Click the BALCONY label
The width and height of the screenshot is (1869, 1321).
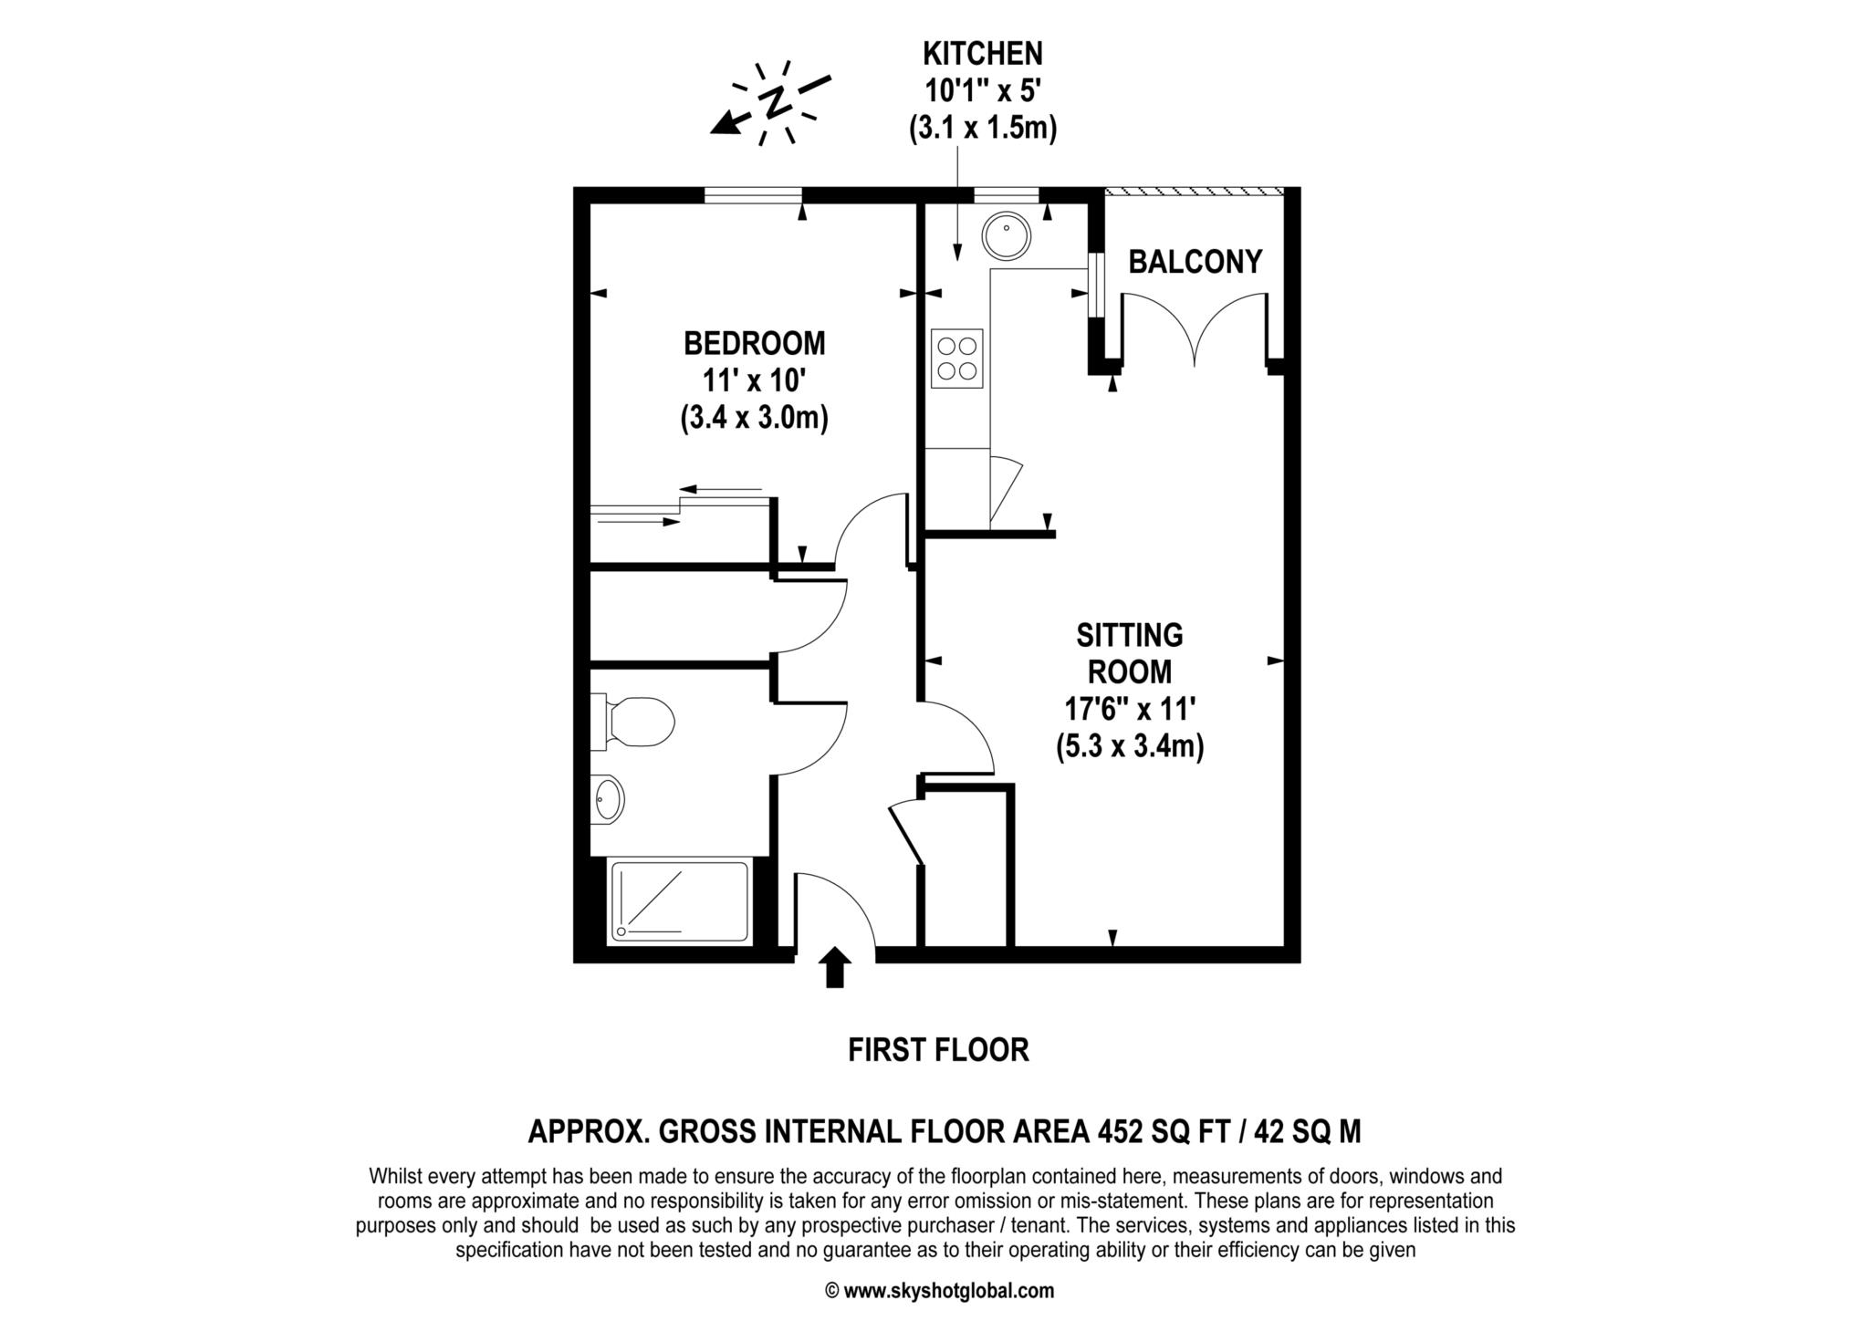(x=1195, y=262)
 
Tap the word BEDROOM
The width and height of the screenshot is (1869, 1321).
(x=754, y=344)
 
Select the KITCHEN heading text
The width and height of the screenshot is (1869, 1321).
(x=982, y=54)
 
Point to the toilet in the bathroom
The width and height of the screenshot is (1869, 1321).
(x=635, y=722)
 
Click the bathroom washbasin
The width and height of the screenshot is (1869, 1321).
(x=608, y=800)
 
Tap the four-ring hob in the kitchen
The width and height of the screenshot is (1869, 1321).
(x=956, y=359)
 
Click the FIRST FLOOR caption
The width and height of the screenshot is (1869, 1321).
(x=938, y=1050)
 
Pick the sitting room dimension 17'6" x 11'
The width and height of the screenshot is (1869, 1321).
(x=1130, y=709)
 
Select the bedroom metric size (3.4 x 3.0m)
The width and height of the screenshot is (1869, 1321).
(x=754, y=419)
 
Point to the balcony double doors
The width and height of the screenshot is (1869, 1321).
(x=1194, y=328)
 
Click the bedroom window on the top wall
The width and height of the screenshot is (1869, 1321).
(x=753, y=194)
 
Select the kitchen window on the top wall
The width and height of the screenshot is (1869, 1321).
(x=1007, y=193)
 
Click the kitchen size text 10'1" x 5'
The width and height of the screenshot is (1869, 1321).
(x=982, y=91)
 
